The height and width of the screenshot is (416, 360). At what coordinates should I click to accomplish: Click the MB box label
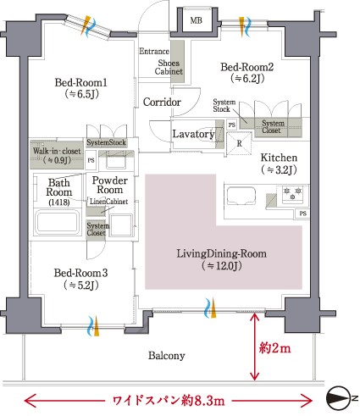196,19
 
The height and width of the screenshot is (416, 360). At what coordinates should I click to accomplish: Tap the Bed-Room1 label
85,82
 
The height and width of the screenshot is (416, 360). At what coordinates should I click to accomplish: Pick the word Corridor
162,103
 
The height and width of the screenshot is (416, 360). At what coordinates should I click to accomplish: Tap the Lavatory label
192,134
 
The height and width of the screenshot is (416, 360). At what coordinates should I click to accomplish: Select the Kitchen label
279,158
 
